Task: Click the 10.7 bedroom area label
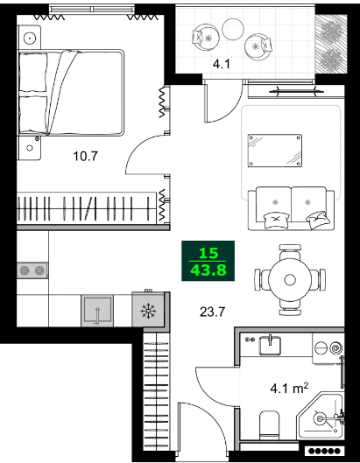click(85, 158)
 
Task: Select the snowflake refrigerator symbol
click(148, 311)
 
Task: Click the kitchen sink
click(98, 310)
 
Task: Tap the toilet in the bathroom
click(271, 428)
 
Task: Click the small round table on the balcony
click(232, 28)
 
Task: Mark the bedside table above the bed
click(32, 38)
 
